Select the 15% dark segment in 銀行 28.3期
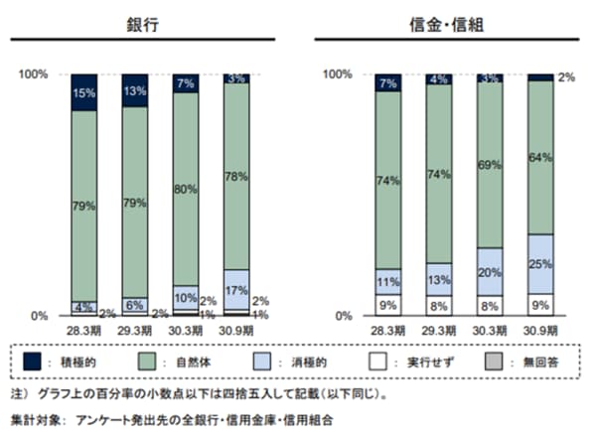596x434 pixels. pyautogui.click(x=83, y=92)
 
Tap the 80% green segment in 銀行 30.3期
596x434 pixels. pyautogui.click(x=186, y=189)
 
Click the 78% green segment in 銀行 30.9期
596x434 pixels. pyautogui.click(x=236, y=177)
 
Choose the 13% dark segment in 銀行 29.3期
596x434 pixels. pyautogui.click(x=134, y=91)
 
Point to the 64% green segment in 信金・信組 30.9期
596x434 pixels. pyautogui.click(x=540, y=158)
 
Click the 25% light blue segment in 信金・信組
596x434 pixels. pyautogui.click(x=540, y=263)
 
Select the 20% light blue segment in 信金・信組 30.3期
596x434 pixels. pyautogui.click(x=490, y=270)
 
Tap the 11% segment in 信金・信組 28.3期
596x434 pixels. pyautogui.click(x=388, y=281)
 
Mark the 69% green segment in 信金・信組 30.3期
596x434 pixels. pyautogui.click(x=490, y=164)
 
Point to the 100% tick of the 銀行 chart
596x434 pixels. pyautogui.click(x=37, y=74)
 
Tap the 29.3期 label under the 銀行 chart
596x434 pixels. pyautogui.click(x=134, y=330)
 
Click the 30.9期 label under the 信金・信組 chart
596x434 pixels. pyautogui.click(x=540, y=330)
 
